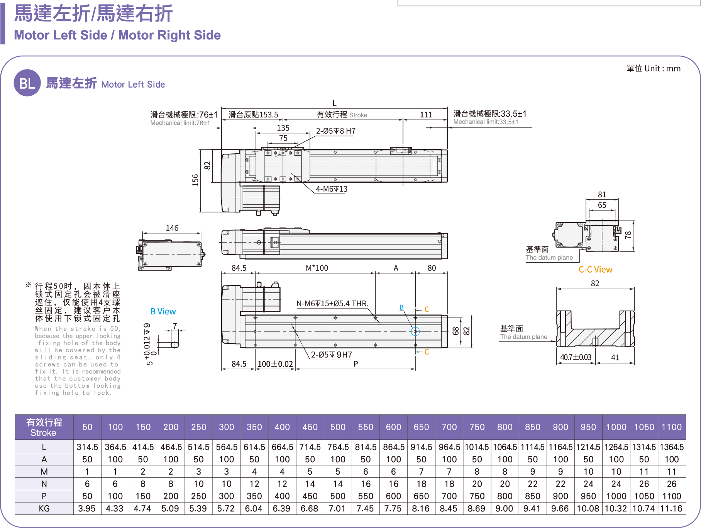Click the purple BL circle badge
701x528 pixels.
click(x=27, y=83)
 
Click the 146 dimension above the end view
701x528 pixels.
click(x=172, y=228)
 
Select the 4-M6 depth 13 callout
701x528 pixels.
click(x=331, y=189)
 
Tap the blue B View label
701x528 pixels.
click(x=163, y=311)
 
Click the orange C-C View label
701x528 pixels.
click(x=595, y=270)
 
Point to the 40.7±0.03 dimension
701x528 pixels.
click(x=576, y=357)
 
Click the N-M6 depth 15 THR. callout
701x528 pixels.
click(x=332, y=304)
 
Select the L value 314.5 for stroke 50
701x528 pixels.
click(x=87, y=447)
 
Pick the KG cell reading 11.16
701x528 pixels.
click(x=671, y=508)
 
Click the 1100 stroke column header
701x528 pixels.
click(x=672, y=427)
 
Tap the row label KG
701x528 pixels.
click(x=44, y=508)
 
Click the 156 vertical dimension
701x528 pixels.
click(x=195, y=180)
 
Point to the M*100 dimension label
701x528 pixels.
click(x=317, y=268)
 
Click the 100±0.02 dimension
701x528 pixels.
click(x=275, y=364)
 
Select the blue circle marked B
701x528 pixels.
click(x=415, y=331)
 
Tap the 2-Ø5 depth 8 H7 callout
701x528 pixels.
click(x=335, y=131)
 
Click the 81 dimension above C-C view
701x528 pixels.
click(x=602, y=194)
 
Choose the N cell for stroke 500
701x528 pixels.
click(x=338, y=484)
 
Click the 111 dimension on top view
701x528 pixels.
click(x=426, y=114)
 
